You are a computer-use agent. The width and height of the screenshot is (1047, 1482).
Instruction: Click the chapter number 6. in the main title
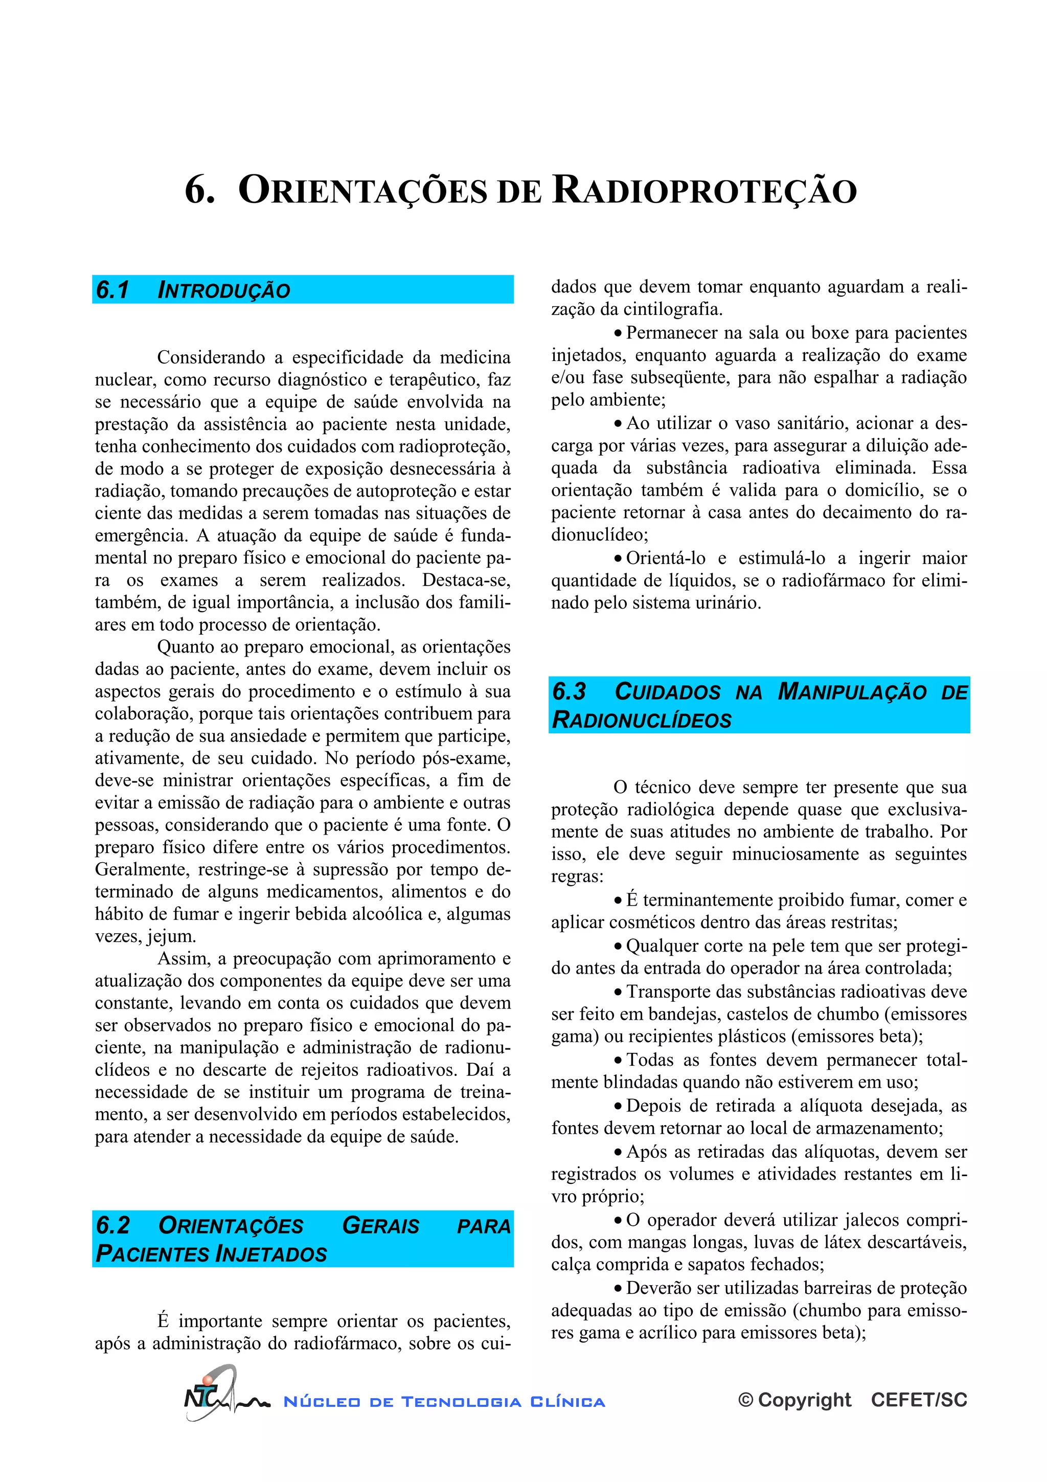(199, 191)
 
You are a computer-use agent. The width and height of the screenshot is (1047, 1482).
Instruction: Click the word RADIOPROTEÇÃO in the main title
(704, 191)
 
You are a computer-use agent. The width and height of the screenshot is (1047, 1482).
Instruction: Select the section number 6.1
(113, 290)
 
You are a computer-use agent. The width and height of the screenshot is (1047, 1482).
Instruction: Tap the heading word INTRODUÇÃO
(224, 290)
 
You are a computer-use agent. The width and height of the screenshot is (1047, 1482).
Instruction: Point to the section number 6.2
(113, 1225)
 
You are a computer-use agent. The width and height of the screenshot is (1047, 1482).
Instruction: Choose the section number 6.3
(569, 691)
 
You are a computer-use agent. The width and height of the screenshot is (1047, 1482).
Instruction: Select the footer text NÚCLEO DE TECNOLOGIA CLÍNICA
(444, 1402)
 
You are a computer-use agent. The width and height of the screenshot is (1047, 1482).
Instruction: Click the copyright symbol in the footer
(746, 1400)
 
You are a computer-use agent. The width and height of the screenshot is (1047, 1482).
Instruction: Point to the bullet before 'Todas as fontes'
(618, 1061)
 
